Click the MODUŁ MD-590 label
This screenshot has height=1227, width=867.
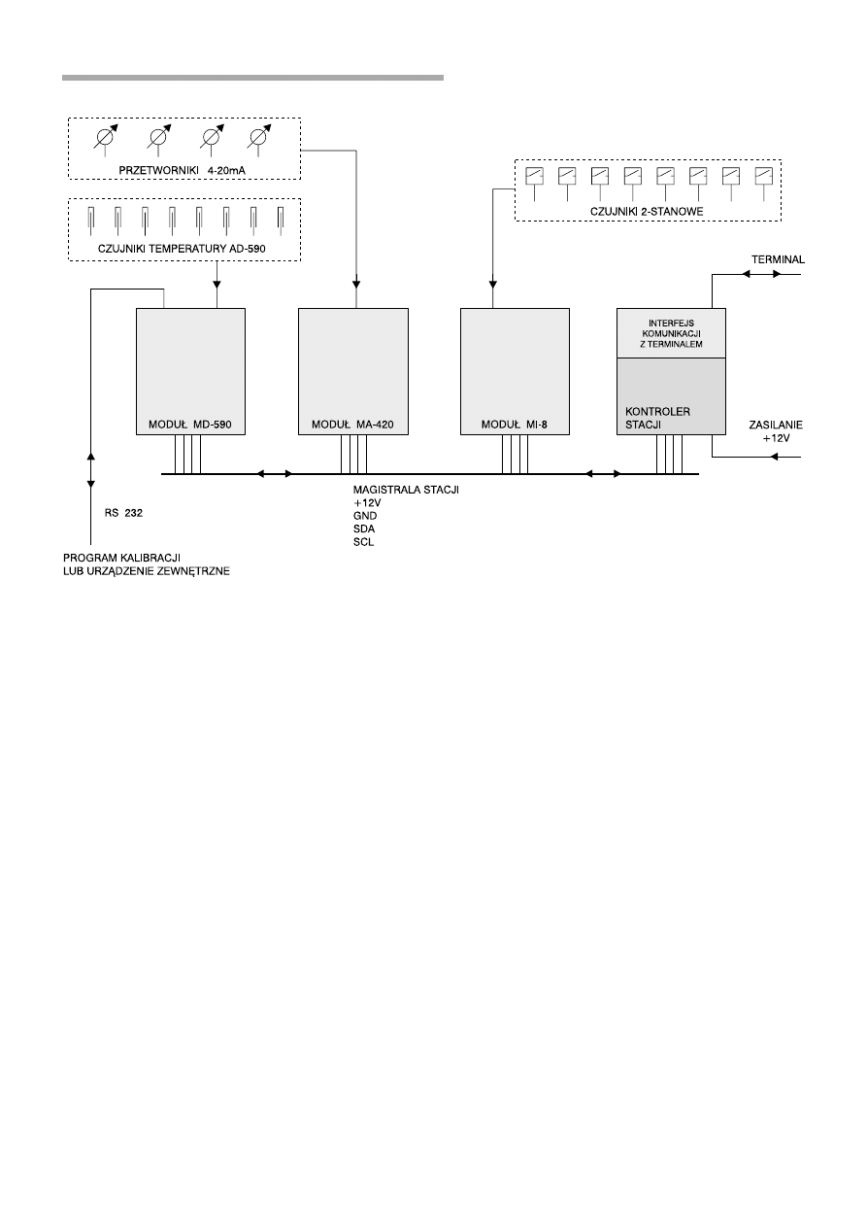click(190, 425)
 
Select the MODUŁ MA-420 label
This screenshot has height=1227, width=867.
click(352, 425)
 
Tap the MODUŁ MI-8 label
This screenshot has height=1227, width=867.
click(514, 425)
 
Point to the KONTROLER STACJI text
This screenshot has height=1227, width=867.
click(657, 418)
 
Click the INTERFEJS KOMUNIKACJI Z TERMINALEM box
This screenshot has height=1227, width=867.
click(671, 333)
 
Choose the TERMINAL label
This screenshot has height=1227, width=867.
click(778, 259)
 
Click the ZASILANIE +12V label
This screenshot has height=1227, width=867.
click(776, 431)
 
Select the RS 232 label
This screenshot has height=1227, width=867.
click(123, 513)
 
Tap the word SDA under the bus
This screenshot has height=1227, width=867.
click(364, 529)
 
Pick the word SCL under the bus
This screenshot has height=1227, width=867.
click(363, 542)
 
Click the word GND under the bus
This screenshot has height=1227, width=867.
click(365, 516)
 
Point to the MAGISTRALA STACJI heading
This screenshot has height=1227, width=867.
click(406, 490)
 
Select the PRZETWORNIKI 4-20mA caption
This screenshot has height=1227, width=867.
click(183, 170)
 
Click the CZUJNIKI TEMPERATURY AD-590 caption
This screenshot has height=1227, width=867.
click(182, 249)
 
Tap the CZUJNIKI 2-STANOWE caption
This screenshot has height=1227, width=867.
click(647, 212)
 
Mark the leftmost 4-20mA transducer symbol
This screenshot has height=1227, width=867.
click(105, 139)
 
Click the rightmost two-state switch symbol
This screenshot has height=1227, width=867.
click(763, 183)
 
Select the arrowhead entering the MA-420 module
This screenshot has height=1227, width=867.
click(356, 285)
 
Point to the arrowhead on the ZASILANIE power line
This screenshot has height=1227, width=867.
click(774, 457)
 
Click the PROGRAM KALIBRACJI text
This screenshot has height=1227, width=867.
click(121, 559)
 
